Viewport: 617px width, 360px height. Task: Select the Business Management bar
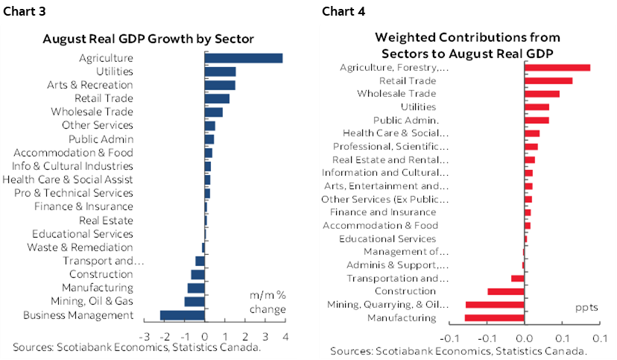[183, 315]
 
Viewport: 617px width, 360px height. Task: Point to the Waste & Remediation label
[80, 247]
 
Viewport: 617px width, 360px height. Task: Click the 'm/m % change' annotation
[268, 302]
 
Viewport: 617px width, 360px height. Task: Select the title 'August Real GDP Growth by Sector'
[148, 39]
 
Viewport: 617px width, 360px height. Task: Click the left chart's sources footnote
[136, 347]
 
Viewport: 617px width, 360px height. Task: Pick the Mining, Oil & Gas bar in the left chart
[194, 302]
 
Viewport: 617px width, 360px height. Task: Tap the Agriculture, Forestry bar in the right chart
[557, 68]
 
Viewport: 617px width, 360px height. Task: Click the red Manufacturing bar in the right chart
[495, 318]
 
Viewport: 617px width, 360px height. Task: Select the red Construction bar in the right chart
[506, 291]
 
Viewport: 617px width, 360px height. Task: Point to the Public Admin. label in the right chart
[405, 121]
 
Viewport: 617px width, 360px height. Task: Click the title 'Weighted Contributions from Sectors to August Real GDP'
[467, 45]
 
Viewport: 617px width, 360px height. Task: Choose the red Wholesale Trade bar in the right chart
[542, 94]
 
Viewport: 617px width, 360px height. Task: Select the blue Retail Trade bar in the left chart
[217, 98]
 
